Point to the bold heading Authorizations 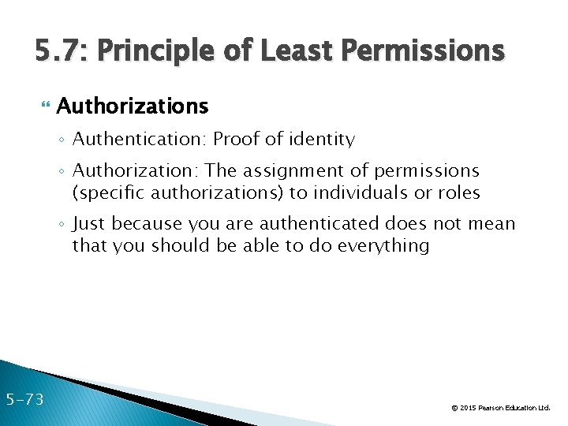point(133,106)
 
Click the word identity point(323,140)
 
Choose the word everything point(383,245)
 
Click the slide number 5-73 point(24,400)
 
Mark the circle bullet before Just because point(62,224)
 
